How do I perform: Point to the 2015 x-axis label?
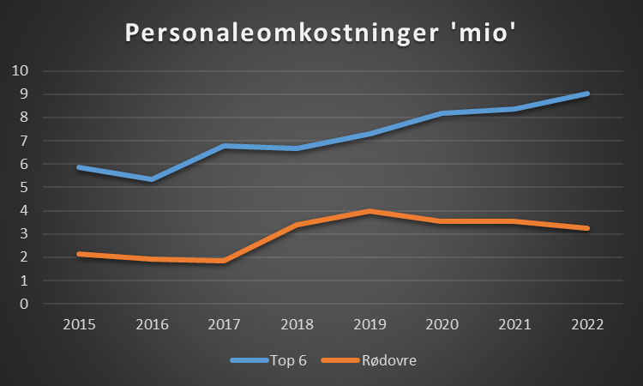point(79,325)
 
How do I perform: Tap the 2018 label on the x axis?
point(297,325)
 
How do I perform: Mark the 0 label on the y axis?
point(24,304)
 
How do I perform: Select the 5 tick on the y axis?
point(24,187)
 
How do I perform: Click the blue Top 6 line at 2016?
point(152,178)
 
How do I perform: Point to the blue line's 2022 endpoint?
point(587,93)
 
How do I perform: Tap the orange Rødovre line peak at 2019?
point(370,211)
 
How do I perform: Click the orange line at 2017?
point(225,261)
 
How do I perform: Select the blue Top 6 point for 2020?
point(442,113)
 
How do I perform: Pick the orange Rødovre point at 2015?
point(79,254)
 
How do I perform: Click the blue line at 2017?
point(225,146)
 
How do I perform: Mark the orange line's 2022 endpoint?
point(587,228)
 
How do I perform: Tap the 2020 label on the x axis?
point(442,325)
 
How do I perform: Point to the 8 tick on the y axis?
point(24,118)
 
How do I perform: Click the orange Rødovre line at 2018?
point(297,225)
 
